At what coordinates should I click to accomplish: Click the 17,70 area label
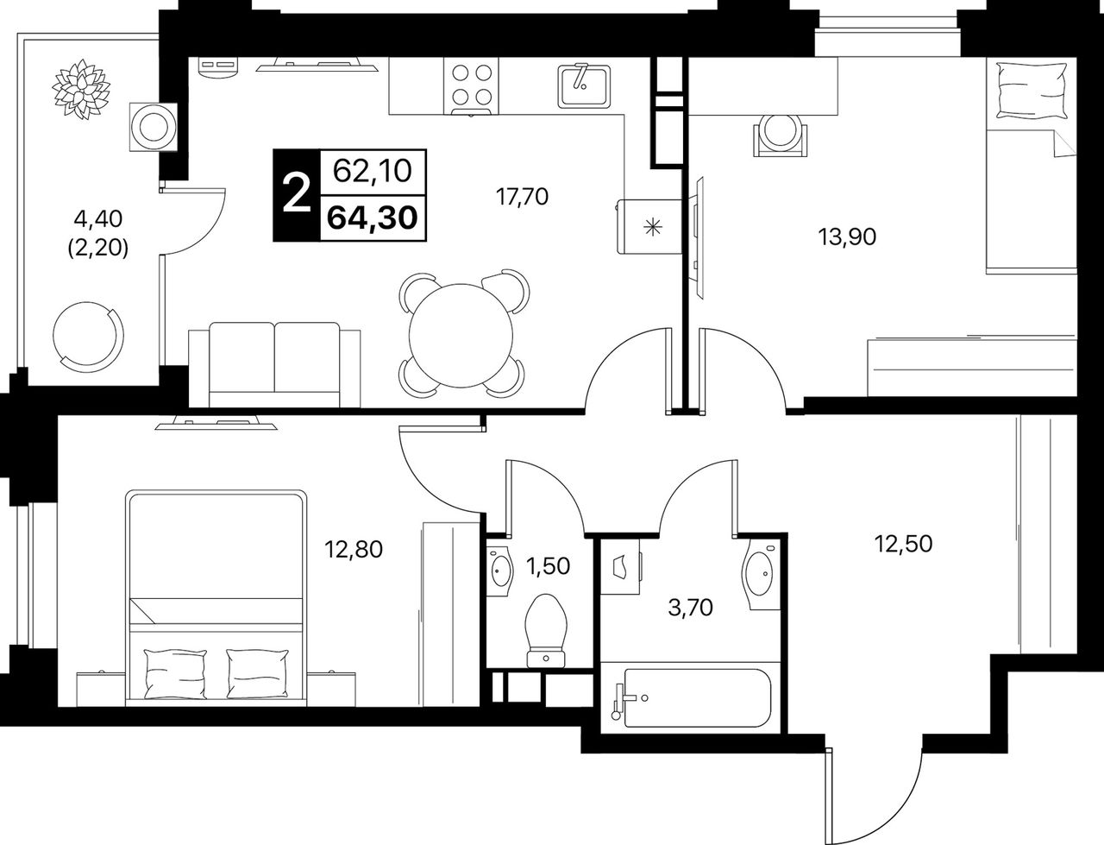(x=522, y=196)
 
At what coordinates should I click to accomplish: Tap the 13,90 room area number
(x=847, y=236)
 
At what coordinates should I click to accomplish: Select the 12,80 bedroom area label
(x=354, y=549)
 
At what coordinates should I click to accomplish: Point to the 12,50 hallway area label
(x=903, y=544)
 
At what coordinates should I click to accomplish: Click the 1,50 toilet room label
(x=548, y=566)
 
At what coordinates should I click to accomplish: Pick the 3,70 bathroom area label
(x=690, y=608)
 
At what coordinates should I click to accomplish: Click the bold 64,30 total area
(x=373, y=218)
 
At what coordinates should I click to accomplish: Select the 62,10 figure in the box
(x=373, y=172)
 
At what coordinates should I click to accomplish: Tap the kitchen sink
(x=584, y=86)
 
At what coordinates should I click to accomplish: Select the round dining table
(x=461, y=336)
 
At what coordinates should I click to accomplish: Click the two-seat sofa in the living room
(x=274, y=364)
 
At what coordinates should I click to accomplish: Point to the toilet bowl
(x=546, y=630)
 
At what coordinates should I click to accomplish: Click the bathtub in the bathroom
(x=694, y=697)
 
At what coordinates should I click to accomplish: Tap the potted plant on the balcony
(x=82, y=90)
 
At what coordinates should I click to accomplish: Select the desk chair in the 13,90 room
(x=781, y=135)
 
